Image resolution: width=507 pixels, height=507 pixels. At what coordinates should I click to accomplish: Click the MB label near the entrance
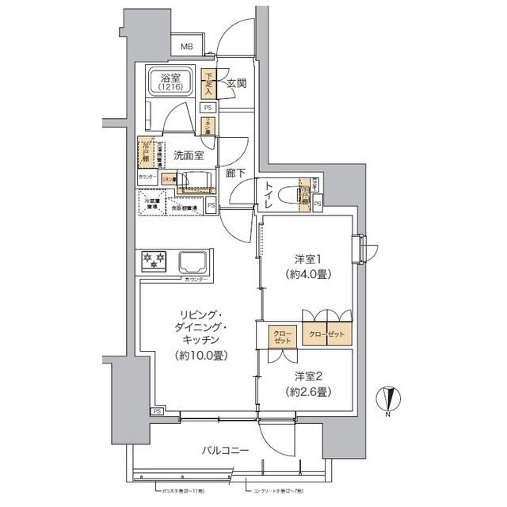186,47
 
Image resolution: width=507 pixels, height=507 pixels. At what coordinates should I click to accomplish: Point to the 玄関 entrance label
234,82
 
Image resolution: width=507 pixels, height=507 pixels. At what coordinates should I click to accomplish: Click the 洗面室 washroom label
189,155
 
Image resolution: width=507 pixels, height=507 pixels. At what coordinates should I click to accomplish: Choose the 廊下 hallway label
234,174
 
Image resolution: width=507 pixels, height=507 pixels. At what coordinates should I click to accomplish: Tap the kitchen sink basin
193,261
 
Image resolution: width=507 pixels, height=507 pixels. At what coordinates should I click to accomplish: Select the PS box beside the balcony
157,412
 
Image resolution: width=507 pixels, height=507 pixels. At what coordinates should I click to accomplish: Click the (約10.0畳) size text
198,356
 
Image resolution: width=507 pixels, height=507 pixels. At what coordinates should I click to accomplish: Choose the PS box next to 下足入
208,107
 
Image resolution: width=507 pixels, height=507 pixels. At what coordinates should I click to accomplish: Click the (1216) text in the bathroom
167,88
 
